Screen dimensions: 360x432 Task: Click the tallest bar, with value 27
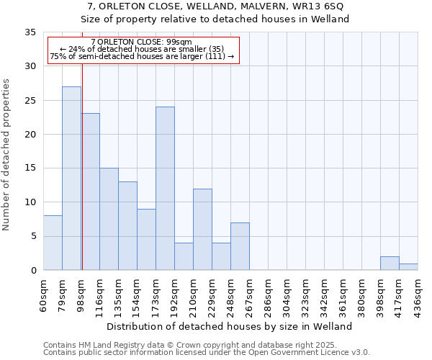coord(71,178)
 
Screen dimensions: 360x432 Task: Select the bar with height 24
coord(165,188)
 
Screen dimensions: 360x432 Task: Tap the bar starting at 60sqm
coord(53,243)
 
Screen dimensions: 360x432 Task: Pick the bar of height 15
coord(109,219)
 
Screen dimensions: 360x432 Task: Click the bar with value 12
coord(202,229)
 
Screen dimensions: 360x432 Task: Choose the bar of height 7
coord(240,246)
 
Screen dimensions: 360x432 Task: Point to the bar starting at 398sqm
coord(390,263)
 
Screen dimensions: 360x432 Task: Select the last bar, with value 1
coord(408,266)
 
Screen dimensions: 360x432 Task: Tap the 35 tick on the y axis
coord(30,32)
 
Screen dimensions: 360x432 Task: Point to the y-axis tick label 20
coord(30,135)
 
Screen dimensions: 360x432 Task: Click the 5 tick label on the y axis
coord(33,236)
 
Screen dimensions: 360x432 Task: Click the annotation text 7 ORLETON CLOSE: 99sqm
coord(142,42)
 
